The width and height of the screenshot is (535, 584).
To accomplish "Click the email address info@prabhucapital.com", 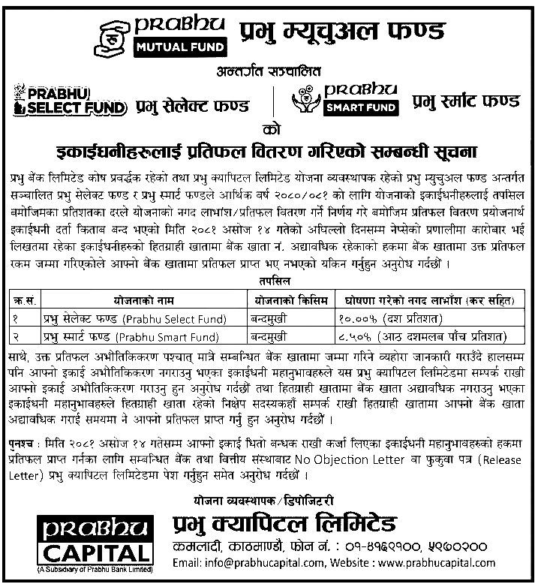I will click(239, 562).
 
